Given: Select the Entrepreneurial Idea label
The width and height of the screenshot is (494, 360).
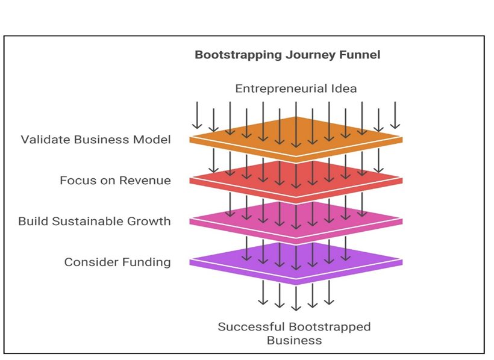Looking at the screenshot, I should click(296, 88).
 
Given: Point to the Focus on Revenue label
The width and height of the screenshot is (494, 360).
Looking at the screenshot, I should click(115, 180).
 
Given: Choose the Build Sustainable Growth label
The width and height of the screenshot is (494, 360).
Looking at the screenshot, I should click(95, 221).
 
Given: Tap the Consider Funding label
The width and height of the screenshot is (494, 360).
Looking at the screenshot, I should click(117, 262).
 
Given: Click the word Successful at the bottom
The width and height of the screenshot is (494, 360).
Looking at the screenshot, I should click(248, 327).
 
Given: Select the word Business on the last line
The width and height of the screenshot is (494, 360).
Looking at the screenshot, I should click(295, 340).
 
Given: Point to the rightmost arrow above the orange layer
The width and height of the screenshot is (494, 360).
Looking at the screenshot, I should click(395, 116).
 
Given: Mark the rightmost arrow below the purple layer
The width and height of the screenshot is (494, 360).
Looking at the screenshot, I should click(329, 293).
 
